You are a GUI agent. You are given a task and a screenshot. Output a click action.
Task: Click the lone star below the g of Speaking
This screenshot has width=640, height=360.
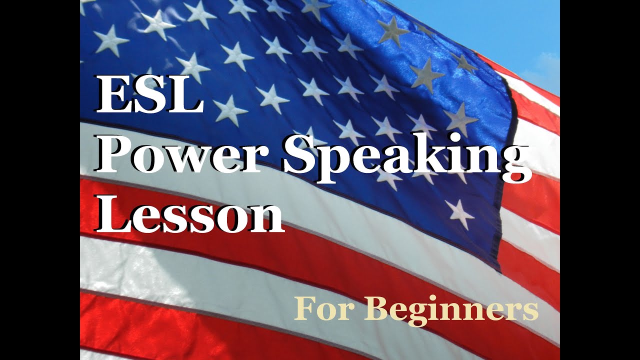[459, 213]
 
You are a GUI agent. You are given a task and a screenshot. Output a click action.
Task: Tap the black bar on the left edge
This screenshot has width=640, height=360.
[40, 180]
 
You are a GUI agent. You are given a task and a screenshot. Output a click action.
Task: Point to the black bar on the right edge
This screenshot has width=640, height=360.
[600, 180]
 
